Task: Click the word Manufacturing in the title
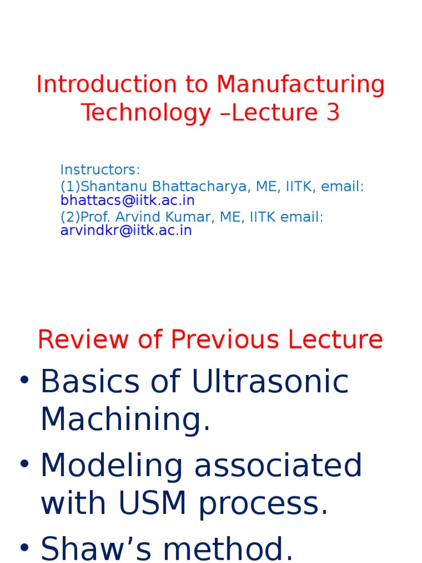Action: [301, 85]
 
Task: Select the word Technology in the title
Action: [146, 113]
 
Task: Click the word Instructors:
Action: [101, 169]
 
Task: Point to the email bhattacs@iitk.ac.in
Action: [127, 201]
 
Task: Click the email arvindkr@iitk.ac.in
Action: [126, 230]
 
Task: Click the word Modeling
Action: [113, 466]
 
